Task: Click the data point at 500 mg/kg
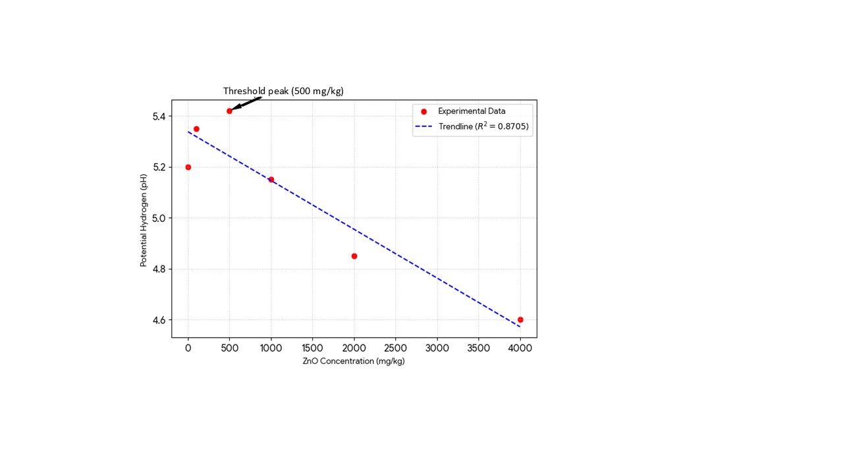pyautogui.click(x=229, y=111)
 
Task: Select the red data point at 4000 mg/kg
pyautogui.click(x=520, y=319)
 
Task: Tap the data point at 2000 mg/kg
pyautogui.click(x=354, y=256)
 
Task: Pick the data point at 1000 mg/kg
pyautogui.click(x=271, y=179)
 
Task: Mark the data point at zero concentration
pyautogui.click(x=188, y=167)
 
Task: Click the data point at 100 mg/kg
pyautogui.click(x=196, y=129)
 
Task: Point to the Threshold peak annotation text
pyautogui.click(x=283, y=91)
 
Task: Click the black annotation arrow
pyautogui.click(x=246, y=103)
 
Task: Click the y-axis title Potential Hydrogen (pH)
pyautogui.click(x=144, y=219)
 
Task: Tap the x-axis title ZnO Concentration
pyautogui.click(x=354, y=361)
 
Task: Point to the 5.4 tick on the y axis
pyautogui.click(x=160, y=117)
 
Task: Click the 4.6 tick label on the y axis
pyautogui.click(x=160, y=320)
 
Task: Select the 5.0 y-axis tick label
pyautogui.click(x=160, y=218)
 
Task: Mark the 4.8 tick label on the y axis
pyautogui.click(x=160, y=269)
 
